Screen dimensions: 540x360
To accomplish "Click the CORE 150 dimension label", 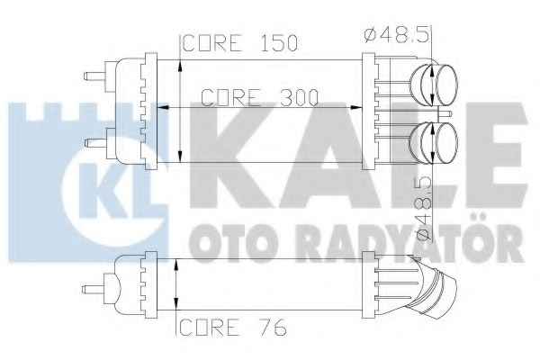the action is [240, 43].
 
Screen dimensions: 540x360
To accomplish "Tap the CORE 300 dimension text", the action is [259, 98].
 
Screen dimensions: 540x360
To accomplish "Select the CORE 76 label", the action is [233, 327].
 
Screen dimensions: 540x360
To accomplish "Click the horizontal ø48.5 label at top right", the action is [396, 35].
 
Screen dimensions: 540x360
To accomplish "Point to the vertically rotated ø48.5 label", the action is [424, 209].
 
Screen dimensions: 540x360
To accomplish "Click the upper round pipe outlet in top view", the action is [435, 85].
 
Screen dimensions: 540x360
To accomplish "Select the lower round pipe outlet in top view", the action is [435, 142].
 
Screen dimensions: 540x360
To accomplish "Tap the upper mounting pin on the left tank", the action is [95, 76].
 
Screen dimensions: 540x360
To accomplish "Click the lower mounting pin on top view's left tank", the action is [95, 142].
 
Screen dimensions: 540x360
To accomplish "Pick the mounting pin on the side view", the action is [93, 289].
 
